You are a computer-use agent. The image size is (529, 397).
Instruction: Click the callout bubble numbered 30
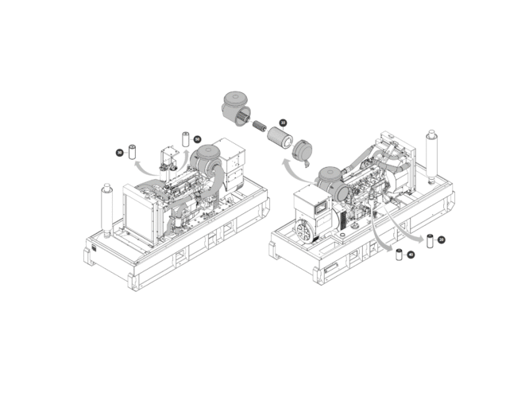[x=119, y=152]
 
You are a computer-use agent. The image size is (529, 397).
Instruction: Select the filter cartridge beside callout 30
[x=133, y=150]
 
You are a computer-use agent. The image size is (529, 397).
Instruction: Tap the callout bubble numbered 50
[x=197, y=139]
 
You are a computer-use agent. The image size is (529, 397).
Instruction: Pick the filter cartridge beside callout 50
[x=186, y=138]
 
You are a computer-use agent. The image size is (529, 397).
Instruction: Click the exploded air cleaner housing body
[x=235, y=106]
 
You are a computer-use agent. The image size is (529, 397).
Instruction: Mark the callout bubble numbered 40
[x=411, y=255]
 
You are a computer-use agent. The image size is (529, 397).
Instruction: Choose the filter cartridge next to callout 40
[x=399, y=255]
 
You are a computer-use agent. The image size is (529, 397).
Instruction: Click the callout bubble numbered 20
[x=441, y=239]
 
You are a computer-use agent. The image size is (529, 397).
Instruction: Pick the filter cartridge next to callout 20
[x=430, y=240]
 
